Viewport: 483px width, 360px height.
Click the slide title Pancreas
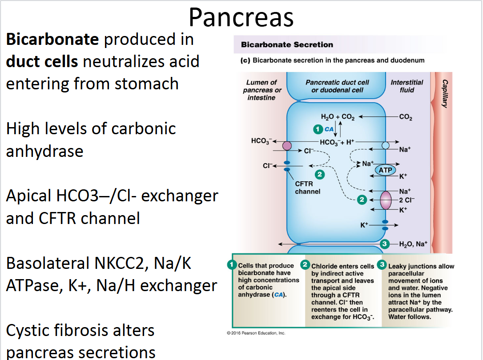pos(241,18)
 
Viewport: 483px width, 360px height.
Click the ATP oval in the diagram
pos(385,170)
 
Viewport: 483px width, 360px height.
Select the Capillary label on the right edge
pos(445,93)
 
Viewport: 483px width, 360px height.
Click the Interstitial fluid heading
pos(407,86)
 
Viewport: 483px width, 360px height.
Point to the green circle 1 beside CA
pos(318,129)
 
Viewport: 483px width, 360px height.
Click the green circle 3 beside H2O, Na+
pos(385,244)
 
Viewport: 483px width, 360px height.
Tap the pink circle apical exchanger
pos(287,146)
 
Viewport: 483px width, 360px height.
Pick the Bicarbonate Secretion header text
pos(287,44)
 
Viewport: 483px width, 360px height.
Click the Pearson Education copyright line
pos(256,333)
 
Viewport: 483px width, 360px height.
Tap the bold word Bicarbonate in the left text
pos(52,40)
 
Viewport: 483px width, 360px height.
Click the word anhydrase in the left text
pos(44,151)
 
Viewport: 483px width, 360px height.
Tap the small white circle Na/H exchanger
pos(386,146)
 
